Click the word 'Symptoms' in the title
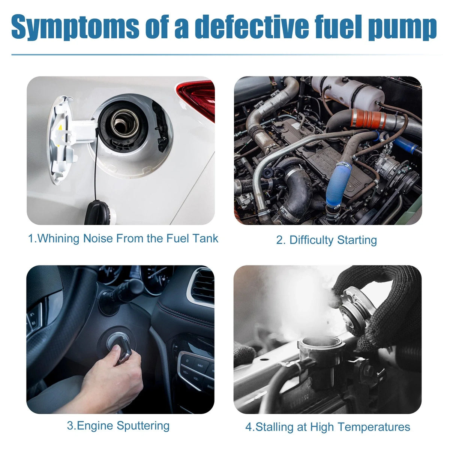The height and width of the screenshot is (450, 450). click(75, 27)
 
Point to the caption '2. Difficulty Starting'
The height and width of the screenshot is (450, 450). click(327, 240)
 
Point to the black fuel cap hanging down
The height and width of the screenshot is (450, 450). click(100, 212)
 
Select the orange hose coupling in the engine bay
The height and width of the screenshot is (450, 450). click(369, 119)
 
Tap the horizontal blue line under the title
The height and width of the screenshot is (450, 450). click(226, 55)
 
